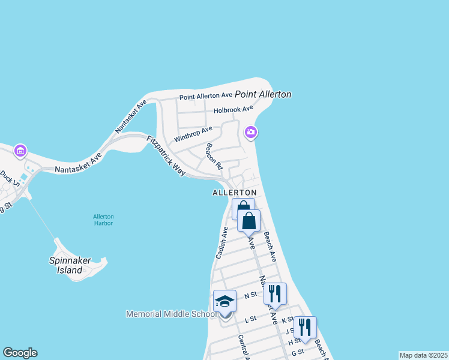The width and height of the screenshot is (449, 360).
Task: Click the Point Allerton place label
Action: click(x=263, y=94)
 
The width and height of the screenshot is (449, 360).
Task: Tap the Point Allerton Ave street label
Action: click(x=206, y=95)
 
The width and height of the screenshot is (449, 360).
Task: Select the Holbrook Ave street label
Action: click(x=234, y=109)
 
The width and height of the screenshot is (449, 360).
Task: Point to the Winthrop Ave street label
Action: click(x=193, y=134)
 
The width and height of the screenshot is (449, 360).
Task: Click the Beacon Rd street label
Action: click(x=214, y=156)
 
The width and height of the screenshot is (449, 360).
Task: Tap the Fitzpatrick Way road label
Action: click(x=166, y=155)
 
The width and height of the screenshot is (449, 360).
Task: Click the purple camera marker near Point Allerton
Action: click(x=250, y=132)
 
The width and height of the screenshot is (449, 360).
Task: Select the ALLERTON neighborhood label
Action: click(x=234, y=193)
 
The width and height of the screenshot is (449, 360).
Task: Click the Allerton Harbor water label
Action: click(x=103, y=220)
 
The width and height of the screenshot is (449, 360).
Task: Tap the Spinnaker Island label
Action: click(x=65, y=265)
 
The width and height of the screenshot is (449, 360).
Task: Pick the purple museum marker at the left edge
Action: click(x=20, y=151)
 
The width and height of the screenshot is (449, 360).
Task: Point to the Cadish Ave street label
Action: click(x=221, y=242)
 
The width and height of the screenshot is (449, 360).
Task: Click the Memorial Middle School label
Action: click(x=171, y=314)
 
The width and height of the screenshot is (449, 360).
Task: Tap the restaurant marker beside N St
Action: click(x=275, y=293)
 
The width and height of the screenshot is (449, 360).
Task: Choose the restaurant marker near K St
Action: click(x=305, y=327)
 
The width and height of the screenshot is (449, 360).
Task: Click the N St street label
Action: click(x=250, y=295)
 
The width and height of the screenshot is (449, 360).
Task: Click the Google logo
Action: click(x=20, y=353)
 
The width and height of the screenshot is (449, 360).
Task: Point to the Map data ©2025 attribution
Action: click(x=423, y=355)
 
